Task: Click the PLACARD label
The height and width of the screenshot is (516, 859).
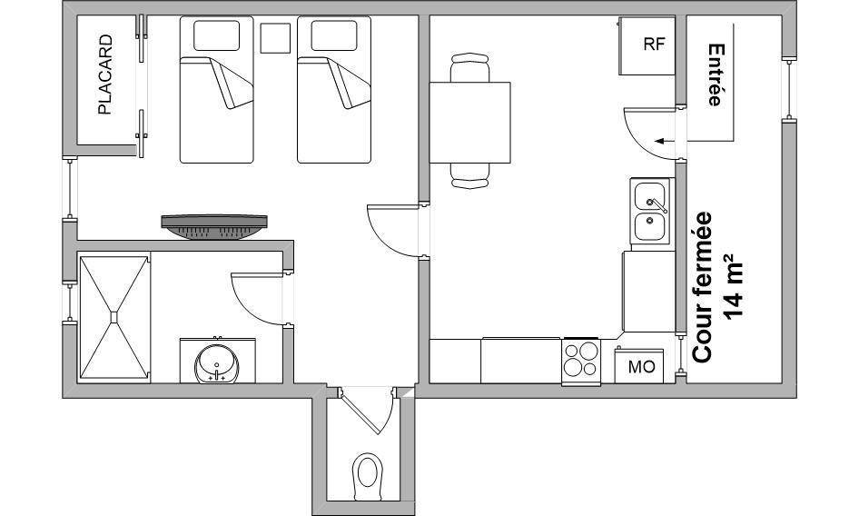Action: click(104, 74)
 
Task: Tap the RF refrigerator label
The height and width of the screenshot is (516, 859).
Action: click(654, 45)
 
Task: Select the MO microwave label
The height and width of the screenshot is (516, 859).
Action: click(641, 367)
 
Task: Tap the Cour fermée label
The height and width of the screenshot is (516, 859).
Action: click(702, 287)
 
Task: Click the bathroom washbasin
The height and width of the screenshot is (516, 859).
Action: click(217, 363)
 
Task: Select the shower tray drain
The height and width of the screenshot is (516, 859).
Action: click(114, 317)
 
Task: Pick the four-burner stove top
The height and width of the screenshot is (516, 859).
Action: click(581, 359)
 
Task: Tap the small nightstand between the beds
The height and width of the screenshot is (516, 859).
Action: click(275, 38)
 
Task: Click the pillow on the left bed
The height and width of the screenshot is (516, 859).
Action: click(216, 35)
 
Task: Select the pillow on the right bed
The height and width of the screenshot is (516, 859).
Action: click(334, 35)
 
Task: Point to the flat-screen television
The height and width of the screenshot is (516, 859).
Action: click(214, 226)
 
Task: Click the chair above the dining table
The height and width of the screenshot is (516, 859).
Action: click(469, 67)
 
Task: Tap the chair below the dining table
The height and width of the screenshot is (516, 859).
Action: click(469, 176)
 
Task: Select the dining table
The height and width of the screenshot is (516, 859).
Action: click(470, 123)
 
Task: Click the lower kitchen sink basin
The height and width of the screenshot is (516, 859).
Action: click(650, 226)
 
